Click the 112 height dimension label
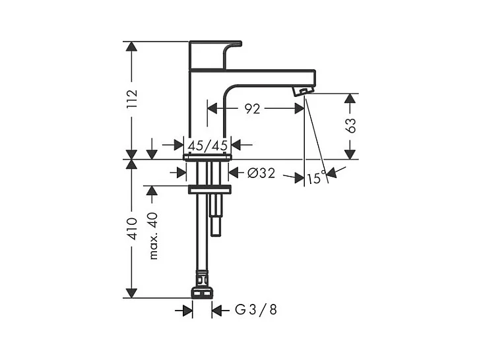pyautogui.click(x=132, y=99)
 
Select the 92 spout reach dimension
pyautogui.click(x=252, y=109)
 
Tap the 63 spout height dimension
pyautogui.click(x=350, y=125)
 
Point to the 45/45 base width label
pyautogui.click(x=208, y=145)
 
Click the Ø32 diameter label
pyautogui.click(x=261, y=173)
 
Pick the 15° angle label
pyautogui.click(x=317, y=178)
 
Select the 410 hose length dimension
pyautogui.click(x=132, y=229)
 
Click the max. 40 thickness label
pyautogui.click(x=153, y=236)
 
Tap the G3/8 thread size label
pyautogui.click(x=256, y=310)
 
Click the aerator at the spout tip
pyautogui.click(x=303, y=91)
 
